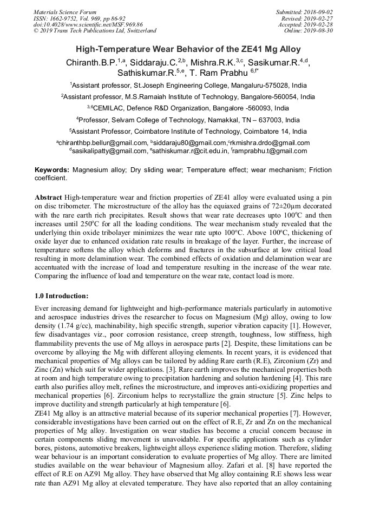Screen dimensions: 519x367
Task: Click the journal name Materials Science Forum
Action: (65, 12)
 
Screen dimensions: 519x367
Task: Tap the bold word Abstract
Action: (48, 196)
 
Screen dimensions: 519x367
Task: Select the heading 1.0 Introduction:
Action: (61, 296)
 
